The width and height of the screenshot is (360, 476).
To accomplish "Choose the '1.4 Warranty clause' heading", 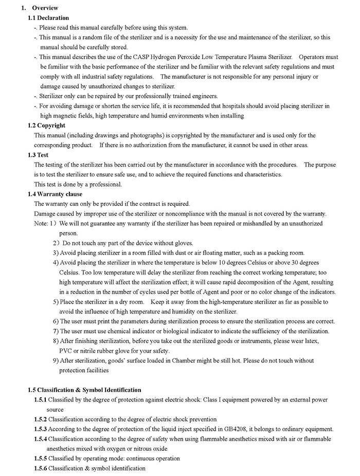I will [x=55, y=194].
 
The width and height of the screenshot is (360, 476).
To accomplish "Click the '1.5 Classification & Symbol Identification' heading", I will [x=84, y=390].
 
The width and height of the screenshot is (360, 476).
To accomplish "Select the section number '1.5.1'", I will [x=41, y=400].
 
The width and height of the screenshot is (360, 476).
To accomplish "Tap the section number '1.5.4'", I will [x=41, y=439].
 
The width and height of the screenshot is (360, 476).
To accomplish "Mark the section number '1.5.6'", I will [x=41, y=468].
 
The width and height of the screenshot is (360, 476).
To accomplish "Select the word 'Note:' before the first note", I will [x=41, y=223].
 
